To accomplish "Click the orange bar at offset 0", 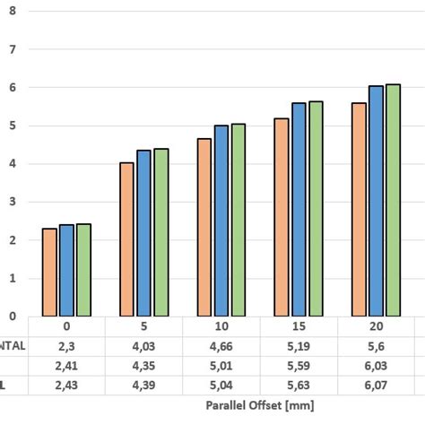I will click(49, 272).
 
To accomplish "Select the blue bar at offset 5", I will click(143, 232).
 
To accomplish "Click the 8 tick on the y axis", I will click(12, 12).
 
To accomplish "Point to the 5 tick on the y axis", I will click(12, 126).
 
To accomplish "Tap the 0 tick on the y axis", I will click(12, 316).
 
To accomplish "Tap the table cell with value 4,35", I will click(144, 365).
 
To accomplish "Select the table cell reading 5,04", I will click(221, 385).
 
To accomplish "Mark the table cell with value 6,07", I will click(377, 385).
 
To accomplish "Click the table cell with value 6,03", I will click(377, 365).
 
